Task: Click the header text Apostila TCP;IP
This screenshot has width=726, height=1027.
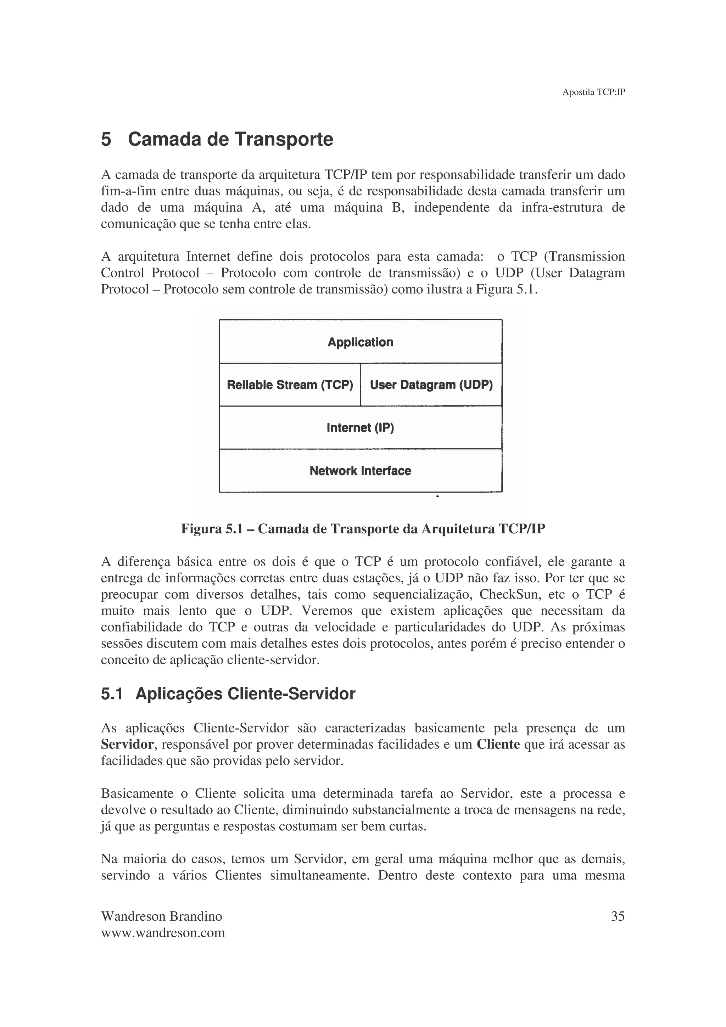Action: (593, 92)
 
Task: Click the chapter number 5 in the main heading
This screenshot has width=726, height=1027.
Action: (106, 139)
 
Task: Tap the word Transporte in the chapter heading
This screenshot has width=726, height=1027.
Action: (284, 139)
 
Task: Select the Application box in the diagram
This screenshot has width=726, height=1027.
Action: (360, 342)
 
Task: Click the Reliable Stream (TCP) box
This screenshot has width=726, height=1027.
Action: (290, 385)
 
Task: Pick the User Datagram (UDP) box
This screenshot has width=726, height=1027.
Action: (431, 385)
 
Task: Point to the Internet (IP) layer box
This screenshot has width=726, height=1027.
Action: (360, 428)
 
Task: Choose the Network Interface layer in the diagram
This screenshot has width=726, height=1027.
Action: (360, 471)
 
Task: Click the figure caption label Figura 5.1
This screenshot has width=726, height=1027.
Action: (212, 529)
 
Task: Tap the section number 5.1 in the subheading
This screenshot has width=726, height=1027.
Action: (112, 694)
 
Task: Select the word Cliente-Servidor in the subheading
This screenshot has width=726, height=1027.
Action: (291, 694)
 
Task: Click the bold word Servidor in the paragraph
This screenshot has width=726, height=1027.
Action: (127, 745)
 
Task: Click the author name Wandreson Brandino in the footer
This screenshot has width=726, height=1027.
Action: (162, 916)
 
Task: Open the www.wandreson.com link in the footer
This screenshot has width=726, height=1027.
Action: (163, 933)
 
